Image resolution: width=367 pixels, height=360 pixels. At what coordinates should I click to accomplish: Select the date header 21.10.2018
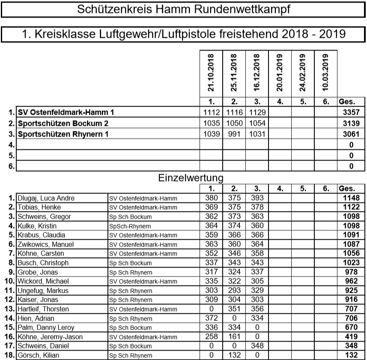211,72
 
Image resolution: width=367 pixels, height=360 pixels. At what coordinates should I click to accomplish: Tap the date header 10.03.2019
325,72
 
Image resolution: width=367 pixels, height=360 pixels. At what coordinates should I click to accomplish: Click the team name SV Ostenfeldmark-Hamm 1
66,113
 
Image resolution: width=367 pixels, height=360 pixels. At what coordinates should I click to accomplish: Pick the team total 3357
351,113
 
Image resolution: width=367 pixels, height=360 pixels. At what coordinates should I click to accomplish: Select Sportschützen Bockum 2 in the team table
63,123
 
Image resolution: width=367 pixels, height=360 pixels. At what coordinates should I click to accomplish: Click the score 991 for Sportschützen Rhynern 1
233,134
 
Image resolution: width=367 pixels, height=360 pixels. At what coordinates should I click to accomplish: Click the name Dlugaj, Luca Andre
46,198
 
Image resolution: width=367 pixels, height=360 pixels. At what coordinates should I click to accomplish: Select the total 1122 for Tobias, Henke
351,208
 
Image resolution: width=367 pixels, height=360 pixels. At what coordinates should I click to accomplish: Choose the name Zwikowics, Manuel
45,244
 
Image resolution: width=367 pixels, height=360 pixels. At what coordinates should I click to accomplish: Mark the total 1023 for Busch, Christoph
351,263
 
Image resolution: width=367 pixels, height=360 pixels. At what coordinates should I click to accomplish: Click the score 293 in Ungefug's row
233,291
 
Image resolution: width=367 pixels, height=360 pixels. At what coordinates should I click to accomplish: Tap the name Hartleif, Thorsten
43,309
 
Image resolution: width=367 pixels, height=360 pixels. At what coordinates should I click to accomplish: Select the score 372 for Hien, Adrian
210,318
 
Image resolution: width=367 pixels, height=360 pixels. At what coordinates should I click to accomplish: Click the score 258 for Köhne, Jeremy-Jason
210,337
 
